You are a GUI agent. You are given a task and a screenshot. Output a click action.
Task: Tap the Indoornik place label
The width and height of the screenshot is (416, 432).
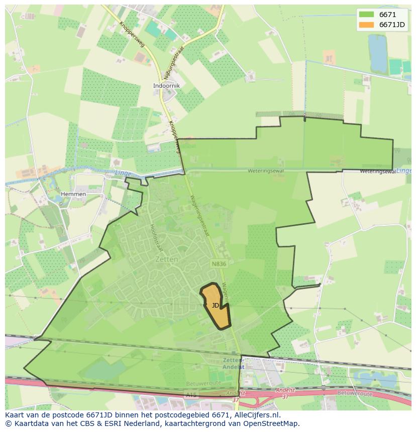(x=166, y=86)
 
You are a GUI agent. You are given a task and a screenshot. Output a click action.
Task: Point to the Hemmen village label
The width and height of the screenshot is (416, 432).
(x=73, y=194)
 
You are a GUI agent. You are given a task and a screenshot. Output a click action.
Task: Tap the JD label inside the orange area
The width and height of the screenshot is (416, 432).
(x=215, y=305)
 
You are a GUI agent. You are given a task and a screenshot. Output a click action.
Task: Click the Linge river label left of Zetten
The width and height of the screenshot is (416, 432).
(x=123, y=174)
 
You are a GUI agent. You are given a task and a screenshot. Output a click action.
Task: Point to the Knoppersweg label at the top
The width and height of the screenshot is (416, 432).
(x=132, y=34)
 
